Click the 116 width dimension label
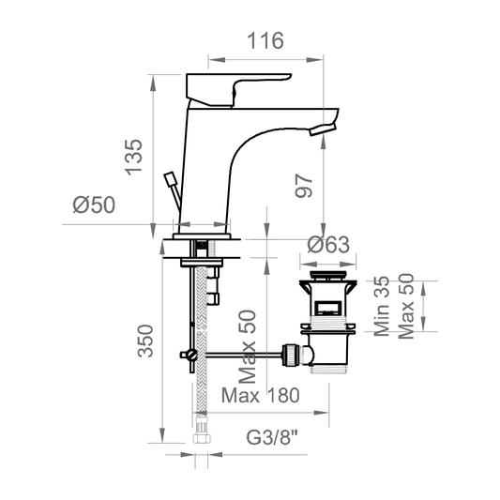point(265,40)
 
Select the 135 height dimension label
point(133,157)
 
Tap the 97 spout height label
point(304,186)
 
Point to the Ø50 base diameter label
point(94,205)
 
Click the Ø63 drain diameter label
point(328,245)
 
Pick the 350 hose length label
point(145,341)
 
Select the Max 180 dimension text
point(261,396)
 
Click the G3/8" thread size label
point(272,437)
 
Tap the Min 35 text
point(382,306)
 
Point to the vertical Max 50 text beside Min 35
point(406,306)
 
